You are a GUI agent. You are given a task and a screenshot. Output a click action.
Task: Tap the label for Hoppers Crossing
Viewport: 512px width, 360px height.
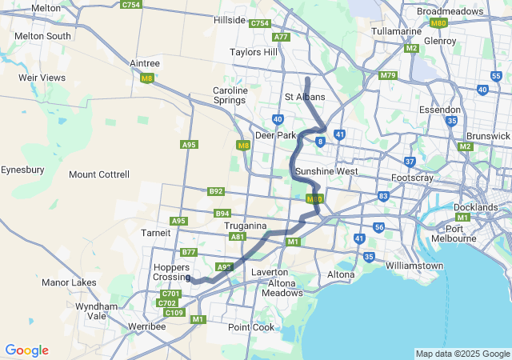tap(172, 270)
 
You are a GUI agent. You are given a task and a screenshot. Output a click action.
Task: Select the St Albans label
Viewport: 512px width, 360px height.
tap(305, 97)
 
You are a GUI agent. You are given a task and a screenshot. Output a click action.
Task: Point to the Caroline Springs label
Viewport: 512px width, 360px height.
tap(230, 96)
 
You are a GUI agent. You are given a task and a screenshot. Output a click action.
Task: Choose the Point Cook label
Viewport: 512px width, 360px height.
tap(250, 327)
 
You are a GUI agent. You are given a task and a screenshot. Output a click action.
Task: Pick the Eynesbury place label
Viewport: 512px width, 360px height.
tap(22, 170)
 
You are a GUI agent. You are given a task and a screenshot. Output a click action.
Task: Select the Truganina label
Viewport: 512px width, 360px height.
tap(245, 226)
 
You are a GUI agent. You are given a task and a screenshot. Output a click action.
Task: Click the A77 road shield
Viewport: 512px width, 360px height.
tap(281, 37)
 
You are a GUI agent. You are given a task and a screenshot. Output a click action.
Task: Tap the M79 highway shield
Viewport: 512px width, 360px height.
tap(388, 76)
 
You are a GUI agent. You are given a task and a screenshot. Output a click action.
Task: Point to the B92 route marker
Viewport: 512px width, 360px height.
tap(215, 191)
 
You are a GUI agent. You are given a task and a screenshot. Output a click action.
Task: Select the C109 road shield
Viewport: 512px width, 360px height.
tap(174, 312)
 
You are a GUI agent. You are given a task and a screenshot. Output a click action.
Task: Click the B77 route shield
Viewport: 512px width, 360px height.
tap(189, 252)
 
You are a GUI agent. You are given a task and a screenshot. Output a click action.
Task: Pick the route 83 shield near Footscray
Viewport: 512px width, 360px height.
tap(384, 196)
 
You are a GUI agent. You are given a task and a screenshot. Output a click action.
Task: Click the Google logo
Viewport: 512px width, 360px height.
tap(26, 350)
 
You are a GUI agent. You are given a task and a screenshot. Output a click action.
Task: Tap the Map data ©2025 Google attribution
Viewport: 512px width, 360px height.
tap(462, 354)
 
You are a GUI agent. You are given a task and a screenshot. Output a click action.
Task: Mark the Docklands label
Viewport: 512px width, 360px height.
tap(475, 207)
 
